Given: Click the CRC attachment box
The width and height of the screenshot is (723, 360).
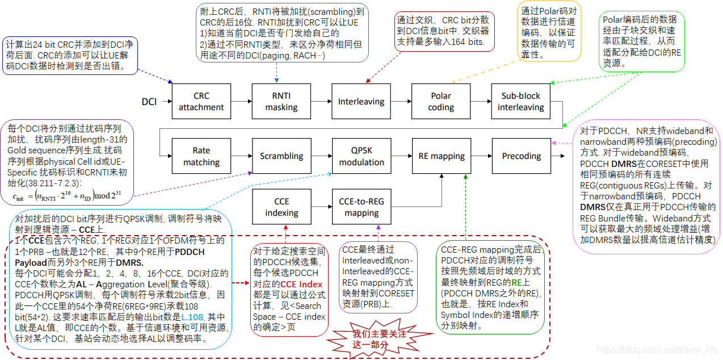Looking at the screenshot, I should point(201,102).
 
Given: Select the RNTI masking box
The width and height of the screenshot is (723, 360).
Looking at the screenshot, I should point(281,102).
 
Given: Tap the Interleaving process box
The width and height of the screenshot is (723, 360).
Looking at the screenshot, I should point(361,102).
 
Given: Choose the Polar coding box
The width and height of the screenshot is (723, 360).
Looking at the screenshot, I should point(441,102).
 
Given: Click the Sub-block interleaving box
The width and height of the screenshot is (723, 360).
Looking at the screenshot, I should point(521,102).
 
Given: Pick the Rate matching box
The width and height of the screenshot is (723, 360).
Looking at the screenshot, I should point(201,156).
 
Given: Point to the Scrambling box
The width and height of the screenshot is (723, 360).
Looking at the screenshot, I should point(281,156).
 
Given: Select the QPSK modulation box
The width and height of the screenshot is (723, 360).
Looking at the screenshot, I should point(361,156).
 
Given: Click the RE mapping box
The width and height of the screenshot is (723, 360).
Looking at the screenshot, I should point(441,156).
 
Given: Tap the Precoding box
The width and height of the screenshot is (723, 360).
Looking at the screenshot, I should point(521,156).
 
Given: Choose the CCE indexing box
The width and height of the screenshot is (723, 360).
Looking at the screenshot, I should point(281,207).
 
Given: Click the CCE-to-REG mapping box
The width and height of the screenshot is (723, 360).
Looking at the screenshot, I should point(361,207).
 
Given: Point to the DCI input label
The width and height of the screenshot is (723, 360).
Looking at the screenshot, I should point(149,102).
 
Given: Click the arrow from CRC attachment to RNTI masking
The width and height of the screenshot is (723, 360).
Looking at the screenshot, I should point(241,102).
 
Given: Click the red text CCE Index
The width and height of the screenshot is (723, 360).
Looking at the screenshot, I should point(301,284).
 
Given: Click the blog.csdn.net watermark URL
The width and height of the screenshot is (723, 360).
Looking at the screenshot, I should point(657,351).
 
